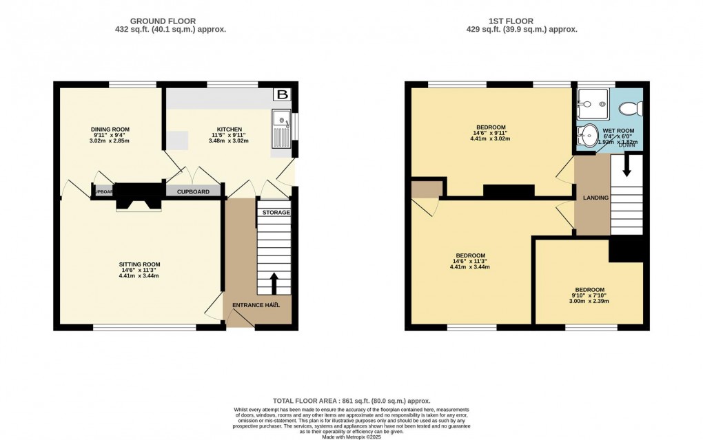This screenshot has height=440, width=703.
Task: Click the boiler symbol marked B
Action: pyautogui.click(x=281, y=95)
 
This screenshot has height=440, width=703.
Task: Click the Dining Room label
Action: pyautogui.click(x=110, y=129)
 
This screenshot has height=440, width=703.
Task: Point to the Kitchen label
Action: pyautogui.click(x=230, y=129)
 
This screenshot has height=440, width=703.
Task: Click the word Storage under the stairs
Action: pyautogui.click(x=276, y=213)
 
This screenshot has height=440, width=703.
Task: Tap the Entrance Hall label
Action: pyautogui.click(x=256, y=305)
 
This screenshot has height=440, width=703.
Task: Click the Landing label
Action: pyautogui.click(x=596, y=198)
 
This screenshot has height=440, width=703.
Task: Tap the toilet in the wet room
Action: pyautogui.click(x=630, y=108)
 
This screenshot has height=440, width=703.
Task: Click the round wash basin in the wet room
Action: pyautogui.click(x=589, y=135)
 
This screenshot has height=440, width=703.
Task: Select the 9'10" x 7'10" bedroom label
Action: pyautogui.click(x=590, y=290)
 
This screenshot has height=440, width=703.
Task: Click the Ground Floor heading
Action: pyautogui.click(x=170, y=21)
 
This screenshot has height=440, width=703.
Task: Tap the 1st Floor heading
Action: pyautogui.click(x=521, y=21)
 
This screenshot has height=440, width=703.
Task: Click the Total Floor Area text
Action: pyautogui.click(x=351, y=401)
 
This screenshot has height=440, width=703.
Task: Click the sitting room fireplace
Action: pyautogui.click(x=139, y=199)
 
